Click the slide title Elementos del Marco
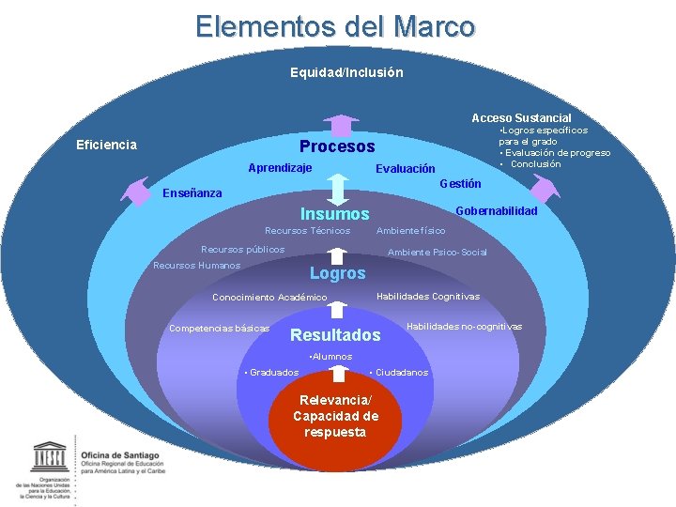(335, 26)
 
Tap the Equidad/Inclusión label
(346, 72)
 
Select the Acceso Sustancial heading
(521, 117)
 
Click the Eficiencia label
(106, 145)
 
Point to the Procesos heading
(336, 146)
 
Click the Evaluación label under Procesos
(405, 169)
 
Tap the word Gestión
(460, 183)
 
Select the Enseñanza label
(192, 193)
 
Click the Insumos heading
(334, 214)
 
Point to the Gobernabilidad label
(496, 211)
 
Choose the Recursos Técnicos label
(307, 231)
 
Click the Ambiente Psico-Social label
(438, 252)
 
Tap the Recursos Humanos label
(196, 265)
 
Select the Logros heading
(337, 273)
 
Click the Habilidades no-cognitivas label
(464, 326)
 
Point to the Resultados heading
(335, 335)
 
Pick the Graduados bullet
(272, 373)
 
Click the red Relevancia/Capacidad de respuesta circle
(335, 416)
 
